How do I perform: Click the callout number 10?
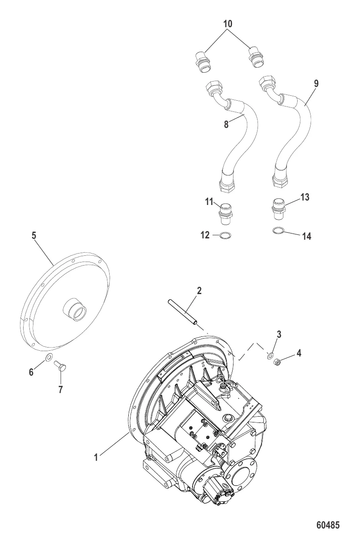[228, 24]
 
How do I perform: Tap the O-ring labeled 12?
[225, 235]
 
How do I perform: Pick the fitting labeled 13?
[278, 209]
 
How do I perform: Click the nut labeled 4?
[276, 361]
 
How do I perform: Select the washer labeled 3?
[269, 355]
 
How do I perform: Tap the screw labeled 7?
[61, 367]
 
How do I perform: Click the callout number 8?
[226, 124]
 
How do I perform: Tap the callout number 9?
[316, 83]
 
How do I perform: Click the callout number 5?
[34, 235]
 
